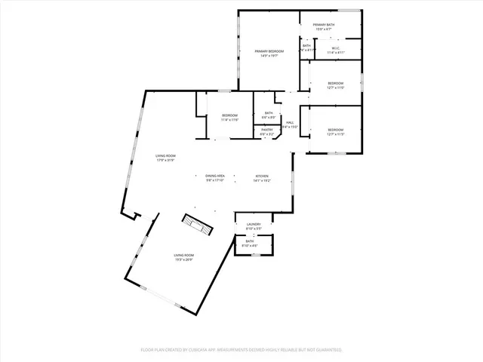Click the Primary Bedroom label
269,51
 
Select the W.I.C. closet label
336,48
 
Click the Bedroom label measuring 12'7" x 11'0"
335,83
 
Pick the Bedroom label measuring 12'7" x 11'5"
335,130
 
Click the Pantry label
267,130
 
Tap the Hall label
290,122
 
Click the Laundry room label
254,224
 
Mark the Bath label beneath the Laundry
249,241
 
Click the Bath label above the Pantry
269,113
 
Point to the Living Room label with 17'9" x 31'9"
165,155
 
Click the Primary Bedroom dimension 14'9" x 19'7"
269,55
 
